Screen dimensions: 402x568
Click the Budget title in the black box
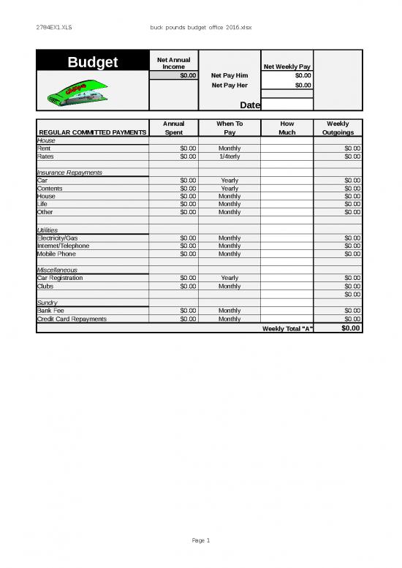[93, 63]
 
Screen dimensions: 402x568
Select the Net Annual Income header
[173, 62]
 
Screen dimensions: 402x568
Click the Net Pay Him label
[229, 75]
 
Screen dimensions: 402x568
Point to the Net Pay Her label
[229, 85]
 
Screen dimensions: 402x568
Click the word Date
[250, 105]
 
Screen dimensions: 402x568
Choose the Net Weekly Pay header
[287, 67]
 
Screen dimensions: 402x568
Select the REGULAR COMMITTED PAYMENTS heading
[92, 132]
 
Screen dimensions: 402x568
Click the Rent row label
[44, 148]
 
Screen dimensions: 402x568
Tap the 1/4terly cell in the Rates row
[229, 156]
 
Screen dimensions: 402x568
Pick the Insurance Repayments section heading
[69, 173]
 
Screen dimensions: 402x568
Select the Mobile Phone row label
[56, 254]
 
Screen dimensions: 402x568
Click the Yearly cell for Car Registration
[229, 278]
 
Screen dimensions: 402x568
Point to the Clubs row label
[45, 286]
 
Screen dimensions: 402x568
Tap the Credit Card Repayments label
[72, 319]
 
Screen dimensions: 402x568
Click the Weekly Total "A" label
[287, 328]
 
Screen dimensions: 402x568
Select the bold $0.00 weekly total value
[351, 328]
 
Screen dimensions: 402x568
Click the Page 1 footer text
[200, 540]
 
